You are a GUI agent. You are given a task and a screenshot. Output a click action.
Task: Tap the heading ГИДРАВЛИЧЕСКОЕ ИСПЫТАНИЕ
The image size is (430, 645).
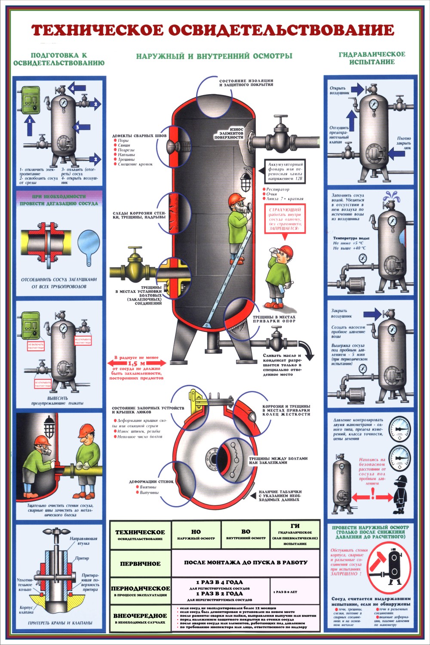(372, 58)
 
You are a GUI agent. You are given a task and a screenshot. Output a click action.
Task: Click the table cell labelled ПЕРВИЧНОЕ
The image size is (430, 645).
(140, 564)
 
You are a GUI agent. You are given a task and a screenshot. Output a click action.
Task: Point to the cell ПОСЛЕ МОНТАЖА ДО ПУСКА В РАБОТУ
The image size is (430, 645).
(246, 562)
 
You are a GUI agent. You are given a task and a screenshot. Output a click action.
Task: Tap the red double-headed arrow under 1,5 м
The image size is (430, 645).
(137, 363)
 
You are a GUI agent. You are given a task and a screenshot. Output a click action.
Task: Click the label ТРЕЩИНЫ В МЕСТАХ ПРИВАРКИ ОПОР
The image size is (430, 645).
(274, 319)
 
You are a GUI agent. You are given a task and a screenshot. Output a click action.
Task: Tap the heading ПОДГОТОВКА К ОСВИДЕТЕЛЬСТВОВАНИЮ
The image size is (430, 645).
(59, 59)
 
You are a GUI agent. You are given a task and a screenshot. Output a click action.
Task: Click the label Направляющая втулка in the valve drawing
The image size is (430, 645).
(83, 541)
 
